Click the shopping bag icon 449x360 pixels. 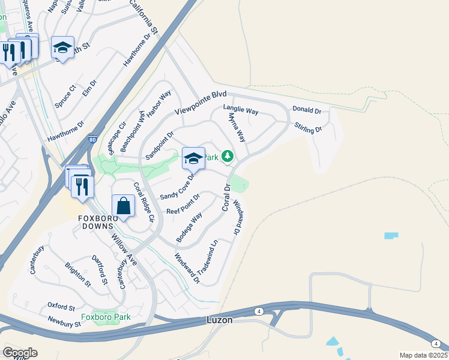click(x=123, y=206)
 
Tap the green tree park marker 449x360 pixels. click(x=227, y=157)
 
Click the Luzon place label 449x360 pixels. click(x=219, y=320)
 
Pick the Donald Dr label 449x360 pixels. click(x=307, y=110)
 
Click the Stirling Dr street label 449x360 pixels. click(x=309, y=128)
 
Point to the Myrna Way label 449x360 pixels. click(x=238, y=128)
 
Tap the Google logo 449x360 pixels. click(x=20, y=353)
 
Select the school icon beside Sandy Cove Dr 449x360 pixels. click(x=193, y=159)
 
